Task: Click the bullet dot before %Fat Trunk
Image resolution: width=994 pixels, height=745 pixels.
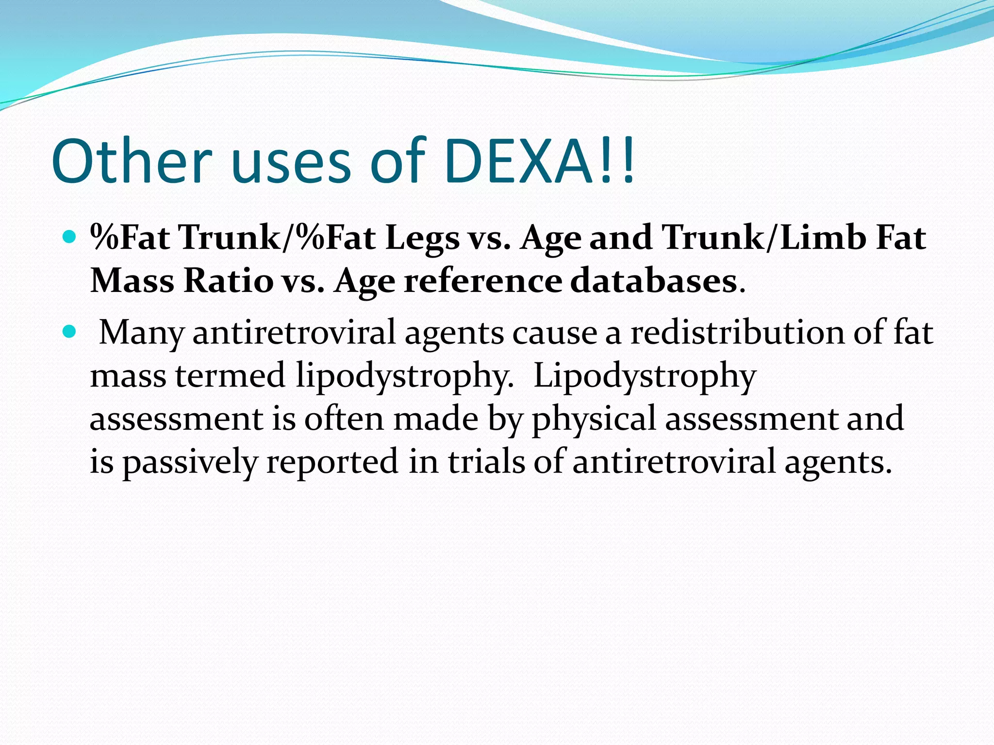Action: pyautogui.click(x=70, y=237)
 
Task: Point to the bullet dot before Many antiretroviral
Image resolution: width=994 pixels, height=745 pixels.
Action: pyautogui.click(x=70, y=332)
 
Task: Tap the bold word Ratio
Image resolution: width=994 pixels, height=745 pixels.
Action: pyautogui.click(x=228, y=281)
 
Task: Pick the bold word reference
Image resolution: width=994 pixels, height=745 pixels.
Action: pyautogui.click(x=482, y=281)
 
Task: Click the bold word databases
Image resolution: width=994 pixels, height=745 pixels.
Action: pyautogui.click(x=653, y=281)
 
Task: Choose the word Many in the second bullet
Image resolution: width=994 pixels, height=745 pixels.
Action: pyautogui.click(x=141, y=333)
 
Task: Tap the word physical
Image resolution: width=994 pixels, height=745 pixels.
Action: pyautogui.click(x=594, y=419)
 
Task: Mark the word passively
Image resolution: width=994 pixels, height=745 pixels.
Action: pyautogui.click(x=189, y=462)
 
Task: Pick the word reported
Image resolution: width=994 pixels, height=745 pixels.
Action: pyautogui.click(x=332, y=462)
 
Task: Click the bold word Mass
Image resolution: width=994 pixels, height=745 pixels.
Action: pyautogui.click(x=133, y=281)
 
